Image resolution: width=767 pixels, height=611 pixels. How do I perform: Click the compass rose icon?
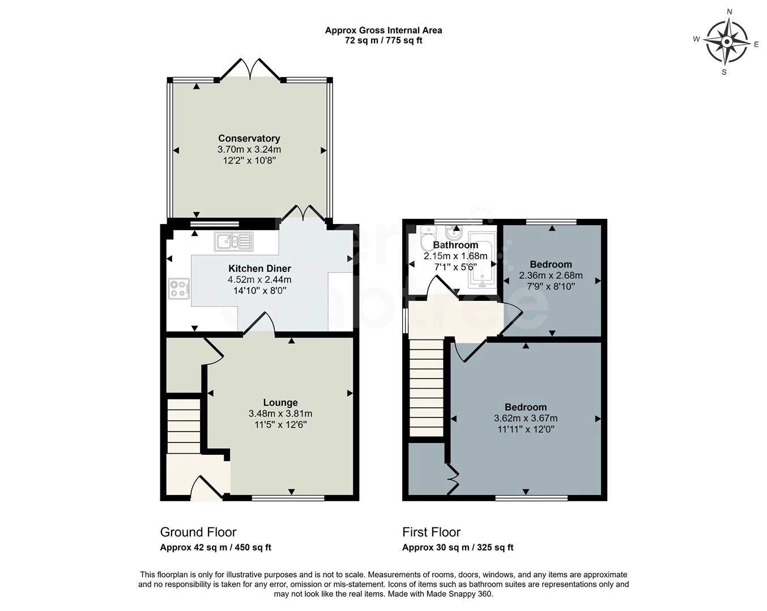point(726,42)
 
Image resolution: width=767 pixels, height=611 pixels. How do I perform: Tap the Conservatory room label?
point(249,139)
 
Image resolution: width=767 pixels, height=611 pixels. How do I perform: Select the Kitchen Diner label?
point(259,268)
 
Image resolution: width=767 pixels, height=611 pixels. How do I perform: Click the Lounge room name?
point(280,402)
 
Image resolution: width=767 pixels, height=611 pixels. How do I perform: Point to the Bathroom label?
point(455,245)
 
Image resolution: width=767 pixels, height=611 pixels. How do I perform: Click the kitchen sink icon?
point(233,242)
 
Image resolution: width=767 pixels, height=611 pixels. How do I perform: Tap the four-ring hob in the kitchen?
point(179,289)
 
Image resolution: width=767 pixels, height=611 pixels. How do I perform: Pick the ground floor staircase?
point(184,426)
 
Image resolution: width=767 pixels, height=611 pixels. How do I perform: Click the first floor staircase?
point(426,388)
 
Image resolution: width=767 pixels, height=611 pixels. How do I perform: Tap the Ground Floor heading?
point(198,532)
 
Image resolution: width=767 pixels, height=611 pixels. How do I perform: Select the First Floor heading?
point(431,532)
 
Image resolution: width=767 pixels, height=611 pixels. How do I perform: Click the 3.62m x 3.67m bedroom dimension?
point(526,419)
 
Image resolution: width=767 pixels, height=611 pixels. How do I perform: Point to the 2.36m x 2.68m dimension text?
point(551,276)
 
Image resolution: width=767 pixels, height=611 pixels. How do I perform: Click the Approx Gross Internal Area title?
point(383,31)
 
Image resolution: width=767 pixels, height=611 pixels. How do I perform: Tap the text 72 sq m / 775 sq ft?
point(383,41)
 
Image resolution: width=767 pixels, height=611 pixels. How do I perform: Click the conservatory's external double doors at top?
point(250,70)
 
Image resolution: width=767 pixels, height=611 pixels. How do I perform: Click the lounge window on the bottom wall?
point(288,498)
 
